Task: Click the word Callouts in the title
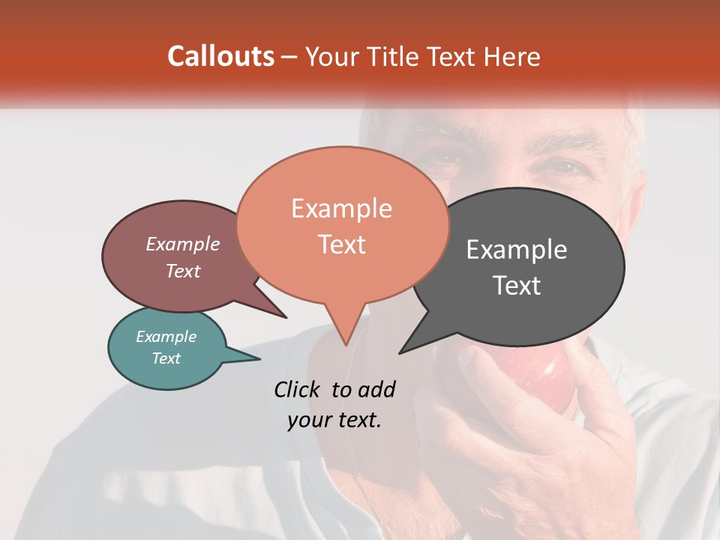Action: point(220,56)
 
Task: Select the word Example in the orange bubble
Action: point(341,208)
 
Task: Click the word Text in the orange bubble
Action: point(341,244)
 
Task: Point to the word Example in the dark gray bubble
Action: point(517,250)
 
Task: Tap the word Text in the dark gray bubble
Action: point(517,286)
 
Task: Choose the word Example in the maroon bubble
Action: point(183,244)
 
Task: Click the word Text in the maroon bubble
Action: point(183,271)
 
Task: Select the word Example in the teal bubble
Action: point(166,337)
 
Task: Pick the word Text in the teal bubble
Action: point(166,358)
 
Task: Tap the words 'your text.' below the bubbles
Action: point(334,420)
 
